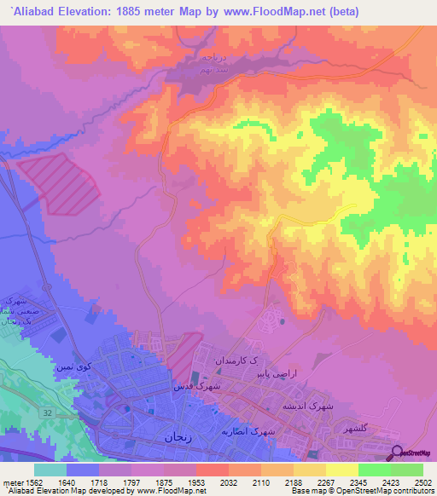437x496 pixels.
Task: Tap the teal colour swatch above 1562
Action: click(50, 469)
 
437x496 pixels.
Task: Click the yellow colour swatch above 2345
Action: click(341, 469)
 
